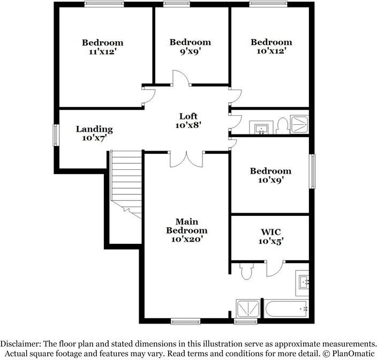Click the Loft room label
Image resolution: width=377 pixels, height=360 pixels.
[x=188, y=116]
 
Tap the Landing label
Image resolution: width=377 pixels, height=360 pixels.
[x=94, y=130]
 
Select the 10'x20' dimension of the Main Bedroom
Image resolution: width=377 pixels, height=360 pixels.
[x=186, y=239]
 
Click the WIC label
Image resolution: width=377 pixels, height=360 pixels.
[x=271, y=232]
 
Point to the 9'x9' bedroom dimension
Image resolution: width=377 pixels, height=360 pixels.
[x=191, y=51]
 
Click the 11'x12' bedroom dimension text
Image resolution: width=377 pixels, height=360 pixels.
[x=103, y=52]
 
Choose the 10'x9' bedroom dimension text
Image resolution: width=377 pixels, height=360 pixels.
[x=270, y=180]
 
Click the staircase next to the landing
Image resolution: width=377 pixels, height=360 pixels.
[x=126, y=184]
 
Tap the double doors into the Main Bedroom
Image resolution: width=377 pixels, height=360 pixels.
[x=186, y=159]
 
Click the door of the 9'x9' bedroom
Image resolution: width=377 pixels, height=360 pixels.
[x=182, y=78]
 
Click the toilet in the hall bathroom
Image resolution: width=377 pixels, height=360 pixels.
[x=283, y=126]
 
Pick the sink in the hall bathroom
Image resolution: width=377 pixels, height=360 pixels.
[x=261, y=127]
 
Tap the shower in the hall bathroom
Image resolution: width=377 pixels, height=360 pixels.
[x=299, y=124]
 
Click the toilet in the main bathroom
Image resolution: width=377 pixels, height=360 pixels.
[x=247, y=271]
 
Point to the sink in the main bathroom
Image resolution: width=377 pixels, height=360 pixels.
[x=302, y=283]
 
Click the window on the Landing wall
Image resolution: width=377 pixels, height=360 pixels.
[x=56, y=135]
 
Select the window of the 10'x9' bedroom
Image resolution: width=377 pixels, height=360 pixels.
[x=312, y=171]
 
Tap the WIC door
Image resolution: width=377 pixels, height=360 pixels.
[x=275, y=269]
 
